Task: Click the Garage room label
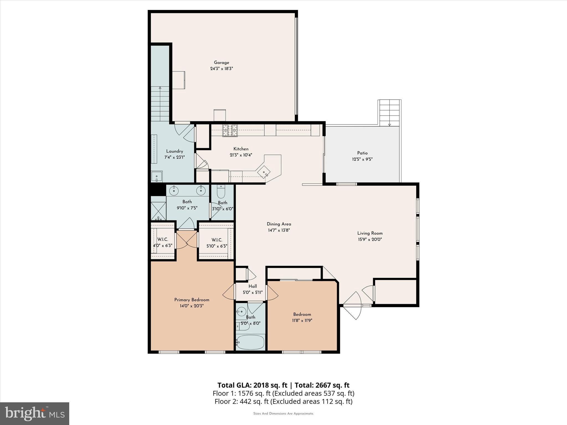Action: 221,63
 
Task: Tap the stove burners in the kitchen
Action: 230,130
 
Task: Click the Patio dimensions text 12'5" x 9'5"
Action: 362,159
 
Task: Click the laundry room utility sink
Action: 157,177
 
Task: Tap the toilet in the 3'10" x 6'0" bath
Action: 221,191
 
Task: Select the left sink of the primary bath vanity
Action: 174,190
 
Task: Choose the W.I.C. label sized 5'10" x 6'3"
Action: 217,240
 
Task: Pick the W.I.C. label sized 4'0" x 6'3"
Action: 163,240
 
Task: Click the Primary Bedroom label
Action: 192,300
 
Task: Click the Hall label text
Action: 252,286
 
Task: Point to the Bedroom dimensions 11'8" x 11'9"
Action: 302,320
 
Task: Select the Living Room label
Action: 370,233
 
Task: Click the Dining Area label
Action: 279,224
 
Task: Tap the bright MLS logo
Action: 35,414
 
